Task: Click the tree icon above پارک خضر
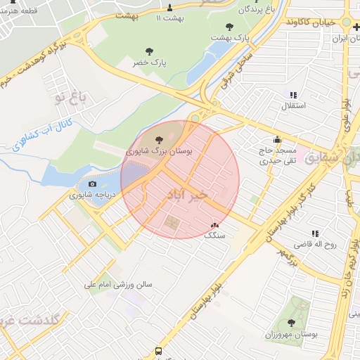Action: click(x=149, y=51)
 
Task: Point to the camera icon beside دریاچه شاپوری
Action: click(x=91, y=184)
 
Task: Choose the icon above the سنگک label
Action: click(x=214, y=225)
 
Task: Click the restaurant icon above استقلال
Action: click(x=293, y=95)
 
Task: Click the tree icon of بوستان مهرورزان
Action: click(x=291, y=323)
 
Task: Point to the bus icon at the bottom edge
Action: click(x=158, y=350)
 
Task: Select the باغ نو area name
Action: click(x=72, y=96)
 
